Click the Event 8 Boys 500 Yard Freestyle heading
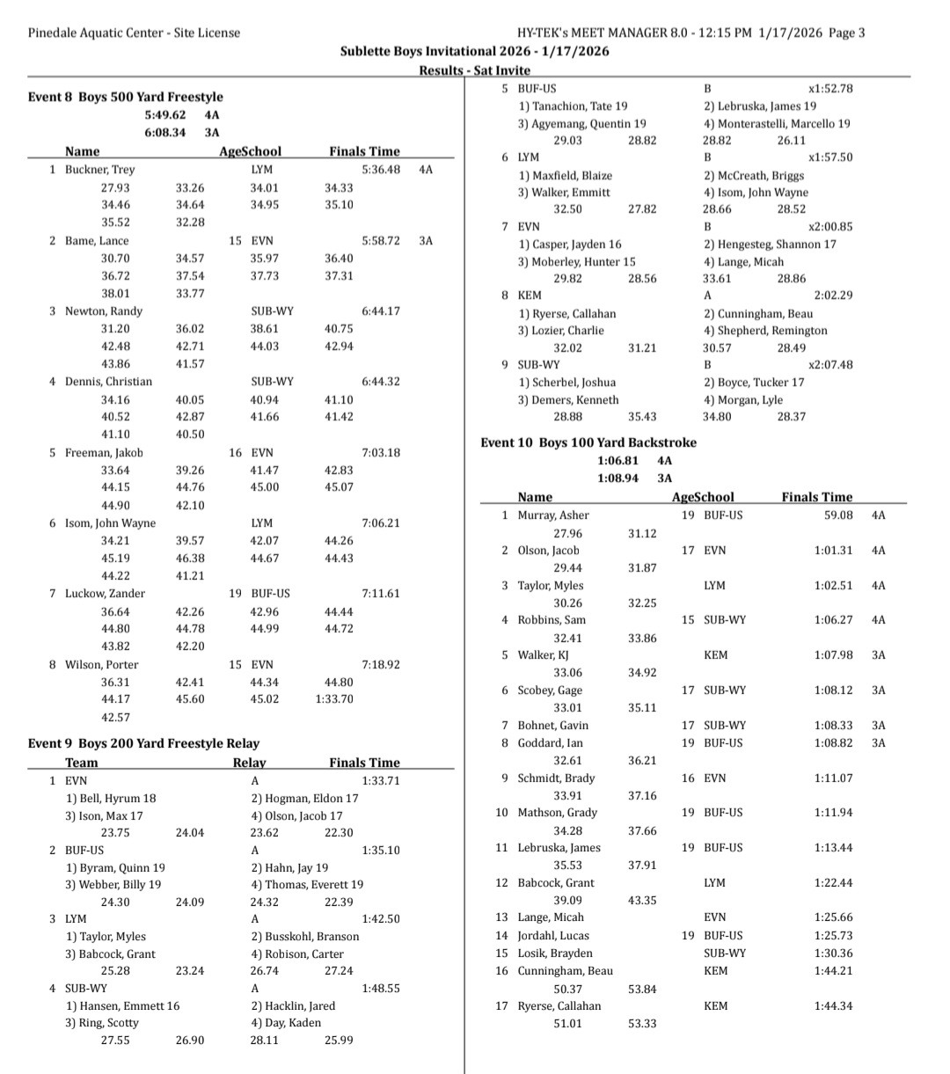126,97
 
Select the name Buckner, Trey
99,170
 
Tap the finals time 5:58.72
381,240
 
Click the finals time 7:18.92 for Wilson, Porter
381,665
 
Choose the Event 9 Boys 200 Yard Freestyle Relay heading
143,743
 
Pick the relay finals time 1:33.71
381,780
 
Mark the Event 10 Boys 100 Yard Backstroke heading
588,442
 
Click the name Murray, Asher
553,515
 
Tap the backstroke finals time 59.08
838,515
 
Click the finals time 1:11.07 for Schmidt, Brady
833,778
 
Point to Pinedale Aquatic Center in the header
98,33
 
